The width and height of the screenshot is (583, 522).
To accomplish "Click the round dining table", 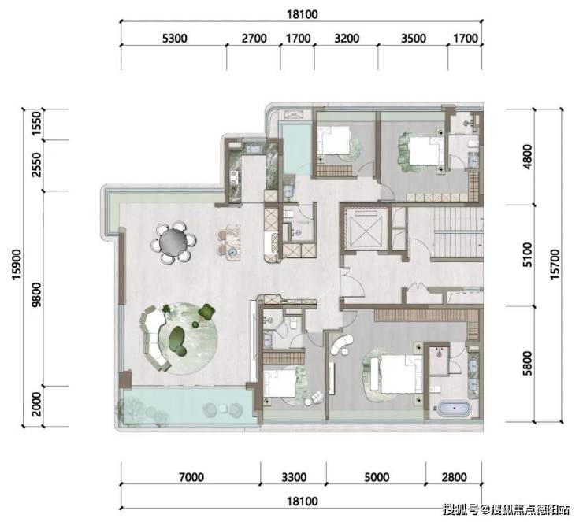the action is coord(173,242).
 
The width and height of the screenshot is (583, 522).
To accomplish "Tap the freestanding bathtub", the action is coord(454,409).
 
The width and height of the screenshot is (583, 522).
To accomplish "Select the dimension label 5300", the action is coord(174,39).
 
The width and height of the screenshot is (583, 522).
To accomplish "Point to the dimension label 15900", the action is coord(17,265).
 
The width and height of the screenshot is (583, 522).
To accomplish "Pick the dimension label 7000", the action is coord(191,476).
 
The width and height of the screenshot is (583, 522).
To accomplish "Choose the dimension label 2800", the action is coord(454,476).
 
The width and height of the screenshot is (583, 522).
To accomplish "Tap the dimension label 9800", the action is coord(36,294).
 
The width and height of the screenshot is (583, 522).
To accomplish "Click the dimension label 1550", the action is coord(36,124).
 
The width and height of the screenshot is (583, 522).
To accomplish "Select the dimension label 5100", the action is coord(527,255).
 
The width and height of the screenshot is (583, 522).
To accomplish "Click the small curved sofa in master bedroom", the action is coord(341,344).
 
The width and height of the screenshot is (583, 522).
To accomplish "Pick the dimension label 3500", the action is coord(414,39).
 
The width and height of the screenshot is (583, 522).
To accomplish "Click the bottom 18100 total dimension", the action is coord(303,502).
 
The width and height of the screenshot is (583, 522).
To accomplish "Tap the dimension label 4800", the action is coord(527,157).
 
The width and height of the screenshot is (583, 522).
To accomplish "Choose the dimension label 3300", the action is coord(294,476).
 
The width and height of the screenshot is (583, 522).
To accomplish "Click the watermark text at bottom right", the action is coord(506,509).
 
